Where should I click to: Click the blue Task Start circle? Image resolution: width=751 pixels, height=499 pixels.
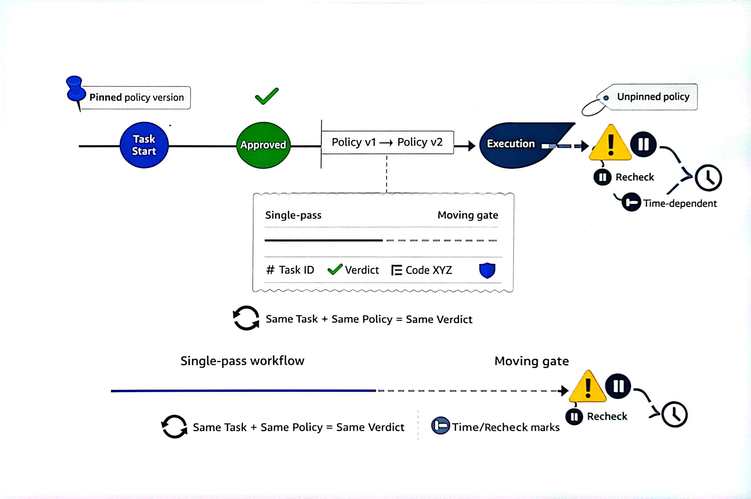[x=144, y=145]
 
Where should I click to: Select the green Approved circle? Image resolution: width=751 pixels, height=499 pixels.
[x=263, y=145]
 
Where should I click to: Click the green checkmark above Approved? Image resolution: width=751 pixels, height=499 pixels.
[x=267, y=96]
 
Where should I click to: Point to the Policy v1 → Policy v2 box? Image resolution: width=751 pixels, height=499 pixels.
[x=387, y=142]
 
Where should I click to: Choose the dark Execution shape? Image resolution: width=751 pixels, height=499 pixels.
[x=516, y=145]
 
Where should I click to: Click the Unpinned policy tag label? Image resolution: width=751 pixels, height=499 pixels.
[x=653, y=97]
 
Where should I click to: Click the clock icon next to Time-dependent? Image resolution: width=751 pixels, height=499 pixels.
[x=708, y=178]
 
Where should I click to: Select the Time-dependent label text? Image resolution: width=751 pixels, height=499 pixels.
[x=680, y=203]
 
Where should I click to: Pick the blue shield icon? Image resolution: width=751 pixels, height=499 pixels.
[x=487, y=270]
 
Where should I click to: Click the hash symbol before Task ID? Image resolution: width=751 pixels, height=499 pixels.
[x=270, y=270]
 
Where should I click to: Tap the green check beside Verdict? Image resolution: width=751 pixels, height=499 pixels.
[x=335, y=269]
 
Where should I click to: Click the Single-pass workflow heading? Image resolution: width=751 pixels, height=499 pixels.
[x=242, y=361]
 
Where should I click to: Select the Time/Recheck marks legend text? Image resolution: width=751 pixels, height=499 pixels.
[x=505, y=427]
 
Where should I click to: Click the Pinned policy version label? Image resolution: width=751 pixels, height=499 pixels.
[x=136, y=98]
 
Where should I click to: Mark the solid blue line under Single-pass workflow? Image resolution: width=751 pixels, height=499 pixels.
[x=243, y=391]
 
